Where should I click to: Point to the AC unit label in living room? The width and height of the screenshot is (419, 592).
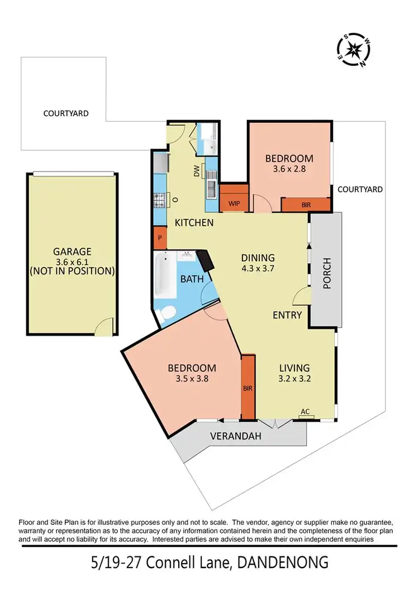tap(305, 412)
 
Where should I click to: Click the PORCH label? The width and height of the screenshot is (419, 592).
tap(327, 272)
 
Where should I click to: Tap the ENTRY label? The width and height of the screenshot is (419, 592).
tap(287, 315)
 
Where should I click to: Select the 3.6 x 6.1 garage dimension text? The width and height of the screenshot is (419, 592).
tap(72, 261)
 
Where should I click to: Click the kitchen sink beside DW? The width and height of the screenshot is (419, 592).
tap(212, 188)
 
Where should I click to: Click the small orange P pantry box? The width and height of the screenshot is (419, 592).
tap(160, 237)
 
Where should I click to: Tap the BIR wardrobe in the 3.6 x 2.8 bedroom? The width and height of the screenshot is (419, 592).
tap(306, 205)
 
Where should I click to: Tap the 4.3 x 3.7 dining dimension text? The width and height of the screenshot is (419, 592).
tap(258, 268)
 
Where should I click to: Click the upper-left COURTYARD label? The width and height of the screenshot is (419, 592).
tap(66, 113)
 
